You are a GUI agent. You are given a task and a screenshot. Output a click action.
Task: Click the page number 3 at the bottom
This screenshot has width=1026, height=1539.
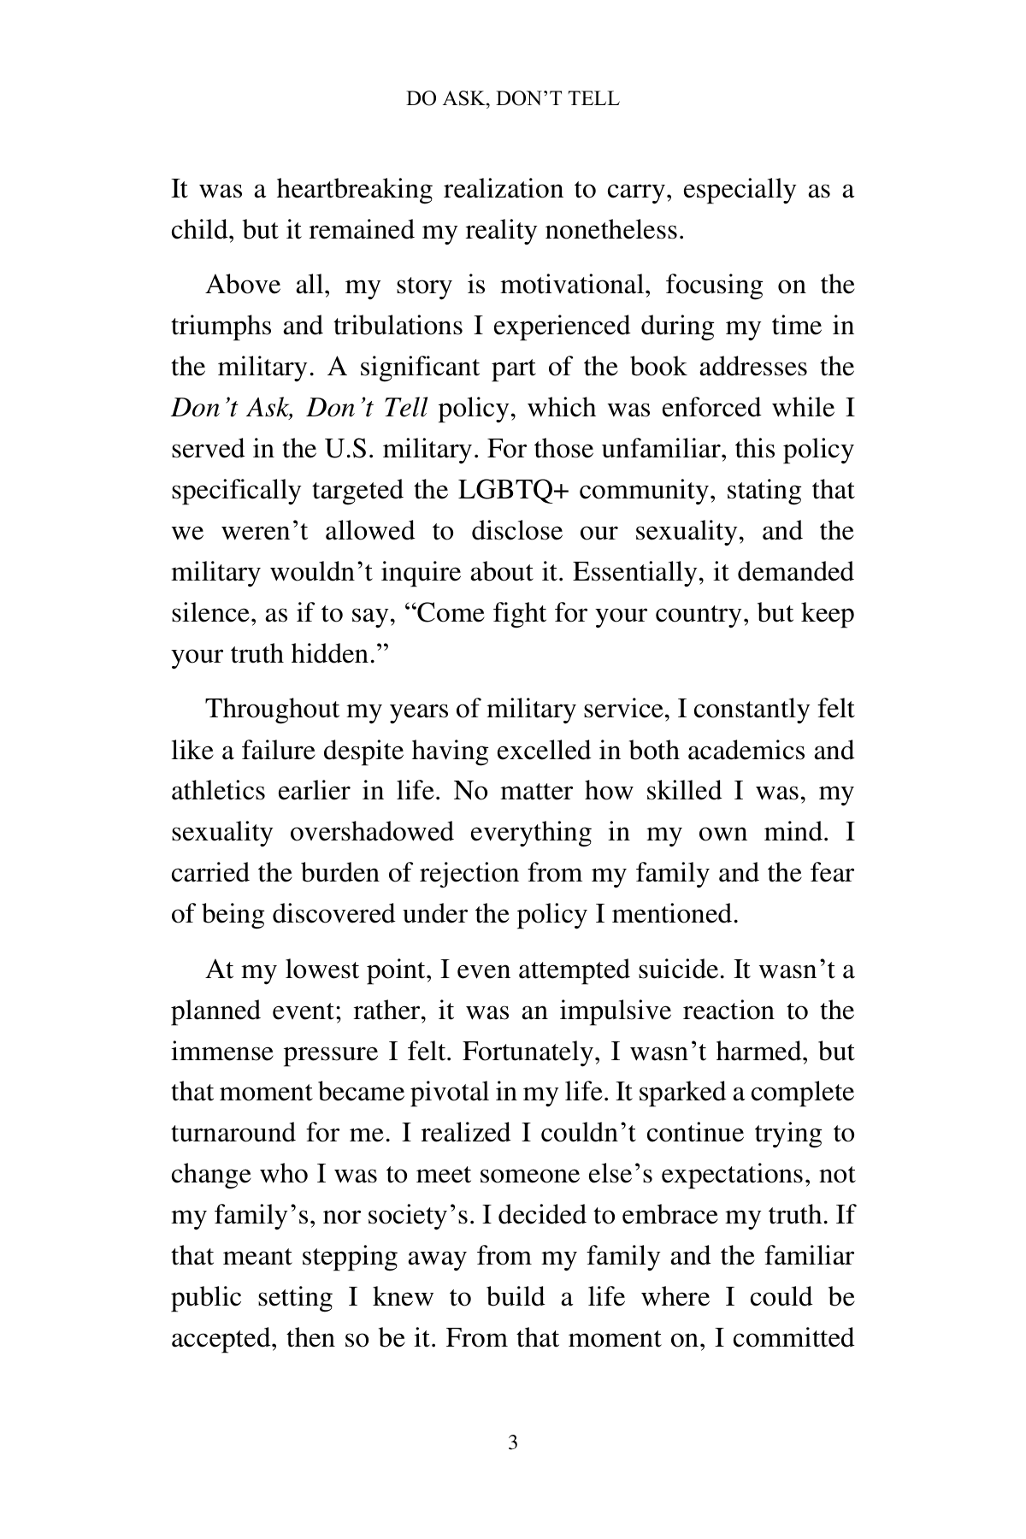coord(512,1444)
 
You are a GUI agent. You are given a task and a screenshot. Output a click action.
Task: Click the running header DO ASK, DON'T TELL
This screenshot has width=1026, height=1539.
coord(512,99)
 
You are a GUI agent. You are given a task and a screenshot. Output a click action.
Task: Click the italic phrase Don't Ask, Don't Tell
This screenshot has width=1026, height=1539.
coord(299,408)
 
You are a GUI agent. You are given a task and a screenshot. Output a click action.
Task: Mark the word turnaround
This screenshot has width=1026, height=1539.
coord(231,1134)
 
